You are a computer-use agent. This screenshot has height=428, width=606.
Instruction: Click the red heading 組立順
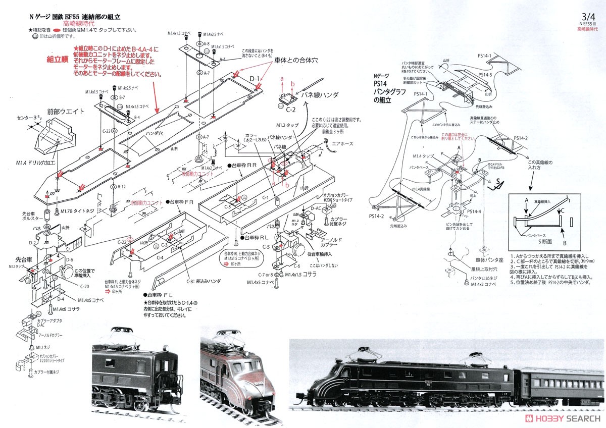58,59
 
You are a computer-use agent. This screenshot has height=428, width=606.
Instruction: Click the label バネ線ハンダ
320,94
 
